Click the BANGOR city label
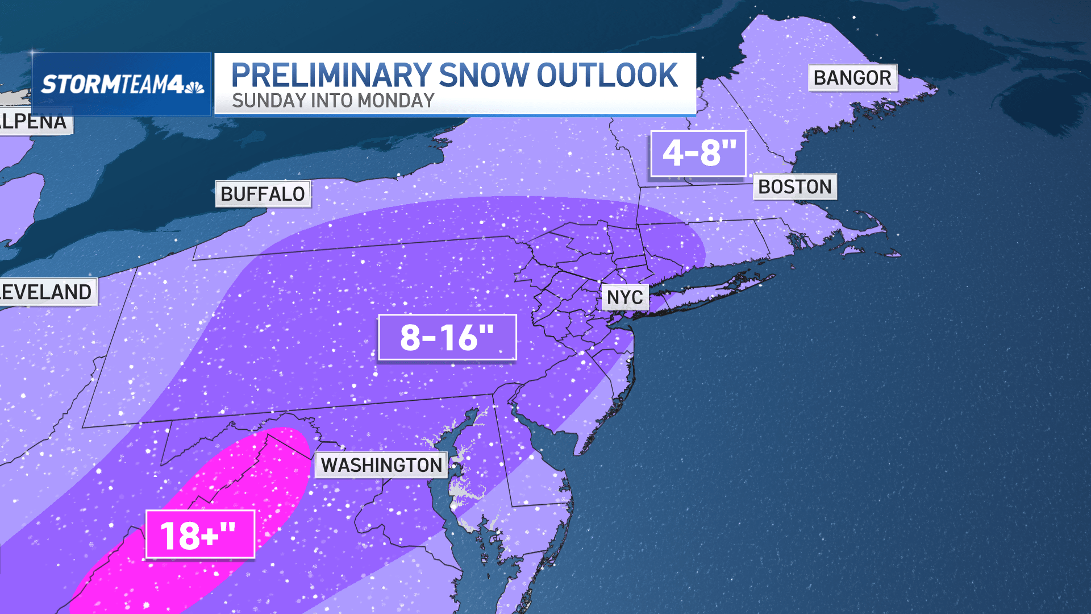coord(852,78)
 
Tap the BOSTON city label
coord(794,187)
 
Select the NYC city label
coord(624,297)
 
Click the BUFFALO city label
coord(263,194)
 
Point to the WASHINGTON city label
coord(381,465)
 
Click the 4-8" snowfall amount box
coord(698,153)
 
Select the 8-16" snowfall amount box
coord(447,338)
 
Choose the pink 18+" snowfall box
coord(200,534)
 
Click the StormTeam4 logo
coord(122,84)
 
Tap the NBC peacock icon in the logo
coord(194,87)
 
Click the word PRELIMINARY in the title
coord(331,76)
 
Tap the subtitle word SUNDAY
coord(269,101)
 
